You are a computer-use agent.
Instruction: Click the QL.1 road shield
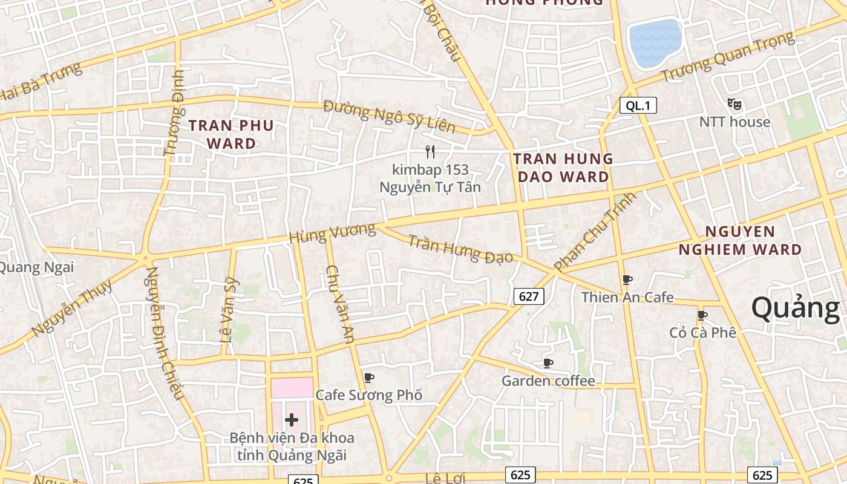click(638, 106)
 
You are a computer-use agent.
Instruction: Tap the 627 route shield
click(529, 296)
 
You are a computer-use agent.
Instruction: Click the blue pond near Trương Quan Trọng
click(655, 43)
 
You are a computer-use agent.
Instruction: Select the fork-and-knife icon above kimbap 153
click(430, 152)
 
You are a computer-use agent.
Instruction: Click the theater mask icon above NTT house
click(734, 104)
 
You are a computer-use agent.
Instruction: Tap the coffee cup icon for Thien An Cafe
click(627, 280)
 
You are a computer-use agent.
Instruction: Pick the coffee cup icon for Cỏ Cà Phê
click(702, 315)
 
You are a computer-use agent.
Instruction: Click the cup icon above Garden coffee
click(548, 363)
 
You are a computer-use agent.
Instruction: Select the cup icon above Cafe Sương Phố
click(368, 378)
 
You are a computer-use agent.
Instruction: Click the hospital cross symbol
click(292, 419)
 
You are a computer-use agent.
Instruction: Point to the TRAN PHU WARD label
click(231, 134)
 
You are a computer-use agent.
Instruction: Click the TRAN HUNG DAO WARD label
click(563, 168)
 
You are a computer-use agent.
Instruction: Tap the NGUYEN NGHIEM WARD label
click(739, 240)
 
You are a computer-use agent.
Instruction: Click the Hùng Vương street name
click(332, 233)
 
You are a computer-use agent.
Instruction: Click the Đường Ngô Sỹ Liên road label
click(389, 116)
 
